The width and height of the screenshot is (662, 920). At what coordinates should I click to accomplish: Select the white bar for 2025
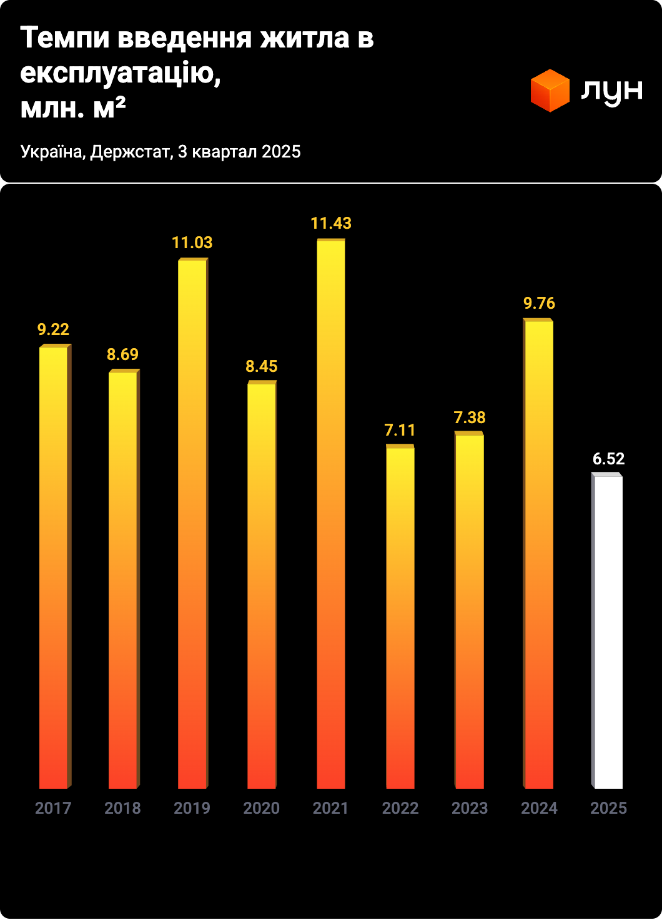click(x=608, y=631)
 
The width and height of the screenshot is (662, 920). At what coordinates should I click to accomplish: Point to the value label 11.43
click(x=331, y=223)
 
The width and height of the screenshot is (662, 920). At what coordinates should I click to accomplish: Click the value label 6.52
click(x=608, y=459)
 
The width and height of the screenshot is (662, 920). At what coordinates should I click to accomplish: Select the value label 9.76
click(x=539, y=303)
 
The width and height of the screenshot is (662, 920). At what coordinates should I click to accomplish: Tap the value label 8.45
click(x=261, y=366)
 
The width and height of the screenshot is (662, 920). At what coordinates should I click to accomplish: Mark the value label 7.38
click(x=470, y=417)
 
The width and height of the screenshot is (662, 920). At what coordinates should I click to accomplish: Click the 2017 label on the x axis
click(x=53, y=808)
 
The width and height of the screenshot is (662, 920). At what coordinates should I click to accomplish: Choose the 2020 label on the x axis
click(x=261, y=808)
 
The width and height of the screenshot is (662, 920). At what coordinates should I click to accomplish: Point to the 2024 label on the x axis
click(x=539, y=808)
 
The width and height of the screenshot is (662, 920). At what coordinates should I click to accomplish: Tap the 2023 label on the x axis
click(x=470, y=808)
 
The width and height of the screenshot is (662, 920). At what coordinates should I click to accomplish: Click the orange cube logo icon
click(x=550, y=91)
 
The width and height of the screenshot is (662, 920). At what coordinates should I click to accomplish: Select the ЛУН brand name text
click(x=611, y=91)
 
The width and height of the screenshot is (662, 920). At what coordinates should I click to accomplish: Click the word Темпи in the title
click(x=65, y=38)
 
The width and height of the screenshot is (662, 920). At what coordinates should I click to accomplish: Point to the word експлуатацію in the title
click(x=119, y=74)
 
